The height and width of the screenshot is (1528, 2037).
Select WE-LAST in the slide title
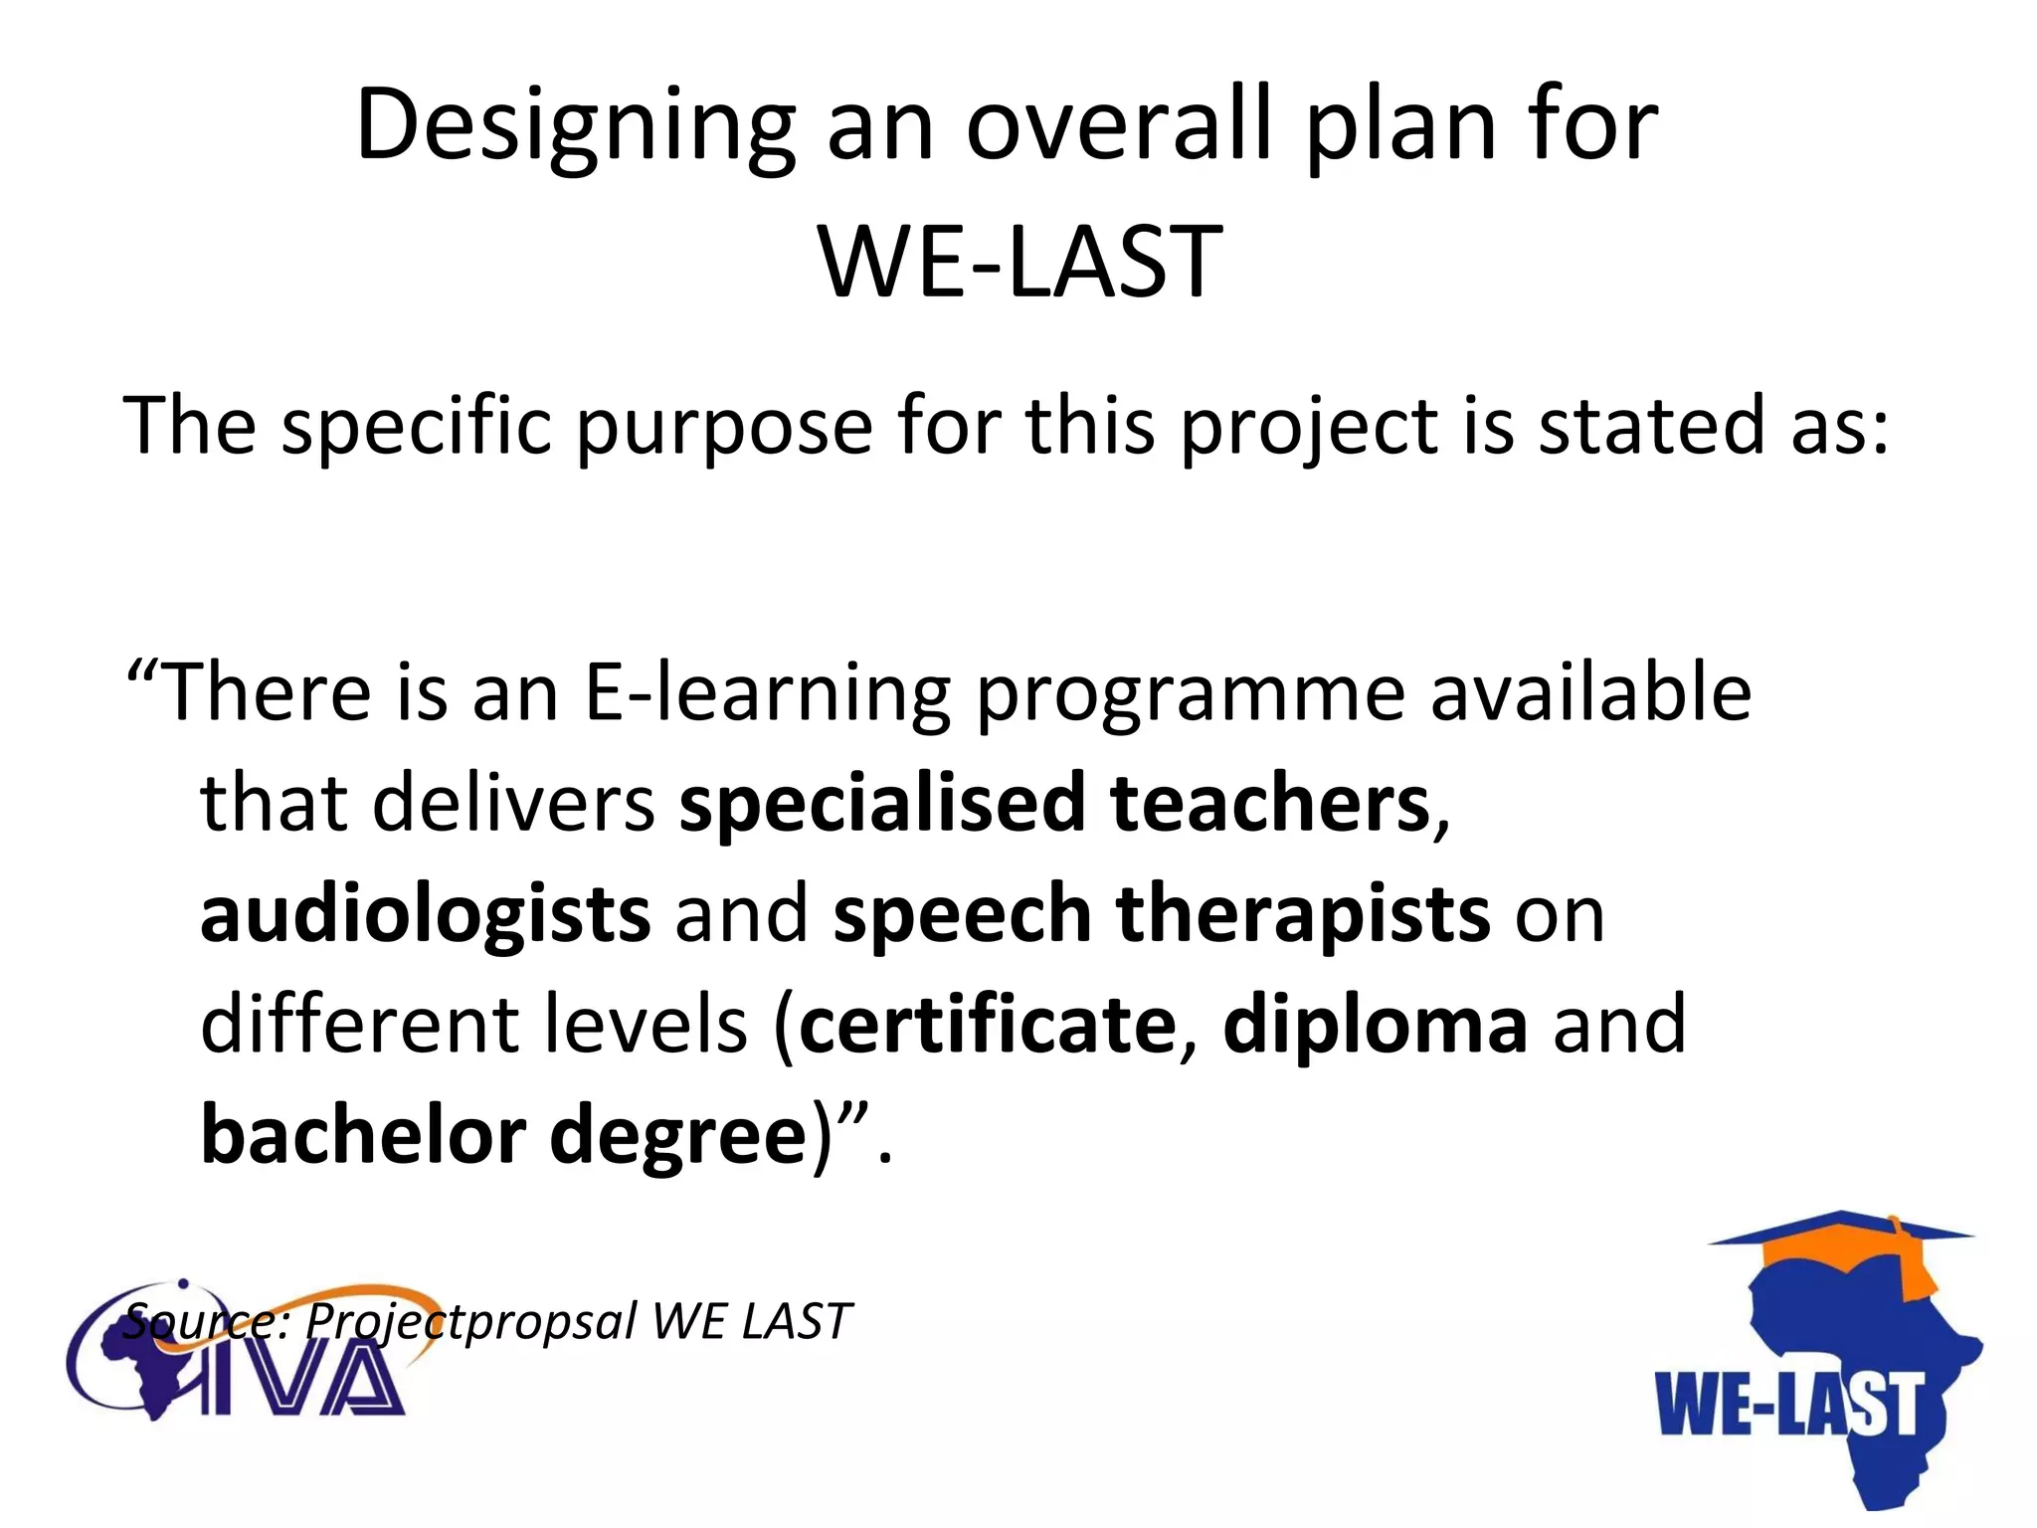coord(1019,262)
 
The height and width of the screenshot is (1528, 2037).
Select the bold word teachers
coord(1270,803)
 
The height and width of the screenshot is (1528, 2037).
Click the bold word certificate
coord(988,1025)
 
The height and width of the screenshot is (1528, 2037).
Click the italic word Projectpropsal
coord(469,1322)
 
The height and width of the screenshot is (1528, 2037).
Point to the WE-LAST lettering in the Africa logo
coord(1786,1404)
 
